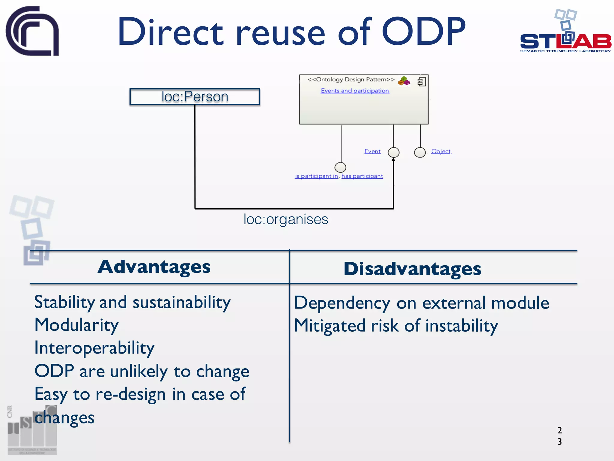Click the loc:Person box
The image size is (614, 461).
coord(195,97)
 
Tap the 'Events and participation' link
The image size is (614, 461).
coord(355,91)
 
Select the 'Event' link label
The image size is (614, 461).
coord(372,151)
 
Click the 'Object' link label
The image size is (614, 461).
coord(441,151)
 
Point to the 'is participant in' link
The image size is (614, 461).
coord(316,176)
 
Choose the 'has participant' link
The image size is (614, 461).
coord(362,176)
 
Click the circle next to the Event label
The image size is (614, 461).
coord(393,152)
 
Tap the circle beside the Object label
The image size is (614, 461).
coord(420,152)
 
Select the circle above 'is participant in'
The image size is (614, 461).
coord(340,167)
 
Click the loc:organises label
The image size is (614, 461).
coord(286,219)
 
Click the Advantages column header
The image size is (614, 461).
coord(154,267)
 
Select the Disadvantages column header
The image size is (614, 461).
coord(412,269)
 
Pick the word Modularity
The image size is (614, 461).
coord(76,325)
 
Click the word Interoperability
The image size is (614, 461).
coord(94,348)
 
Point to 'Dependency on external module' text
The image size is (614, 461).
coord(421,303)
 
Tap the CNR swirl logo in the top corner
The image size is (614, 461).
coord(32,31)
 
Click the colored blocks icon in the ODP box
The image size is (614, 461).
coord(404,81)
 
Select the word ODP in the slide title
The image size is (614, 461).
coord(423,32)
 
